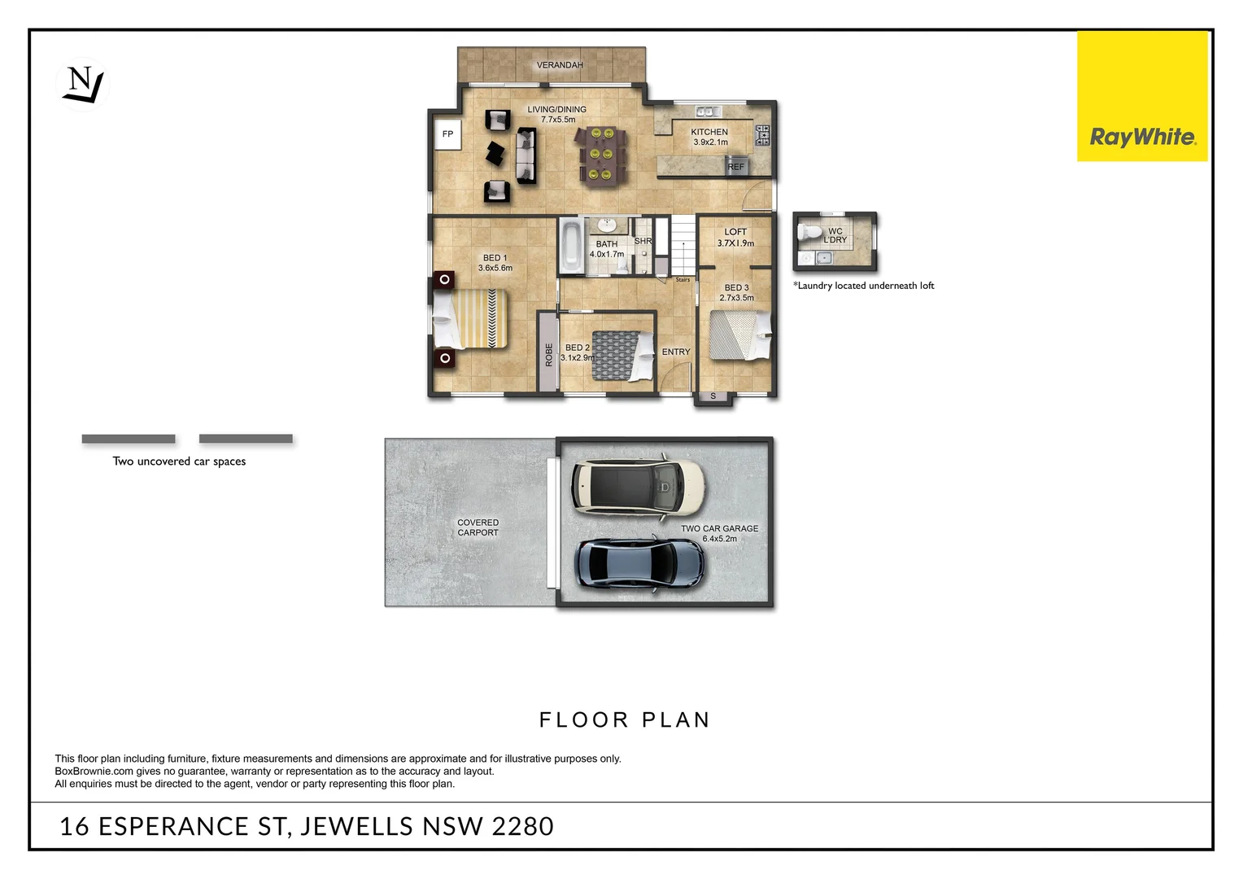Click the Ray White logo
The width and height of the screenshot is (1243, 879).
point(1141,137)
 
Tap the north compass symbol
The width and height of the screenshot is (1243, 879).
point(83,84)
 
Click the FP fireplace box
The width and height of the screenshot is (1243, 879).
point(447,134)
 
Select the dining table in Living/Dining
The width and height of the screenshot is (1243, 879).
point(603,153)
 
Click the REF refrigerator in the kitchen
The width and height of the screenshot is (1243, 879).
point(735,167)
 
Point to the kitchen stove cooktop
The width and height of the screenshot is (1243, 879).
point(762,135)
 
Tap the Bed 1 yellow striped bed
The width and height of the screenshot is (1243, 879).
point(470,319)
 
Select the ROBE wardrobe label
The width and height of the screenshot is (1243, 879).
point(548,354)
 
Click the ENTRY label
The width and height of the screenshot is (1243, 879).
point(675,352)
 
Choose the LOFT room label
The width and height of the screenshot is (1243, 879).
point(735,232)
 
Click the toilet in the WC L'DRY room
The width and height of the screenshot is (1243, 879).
point(809,233)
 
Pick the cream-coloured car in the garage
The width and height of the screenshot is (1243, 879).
point(638,487)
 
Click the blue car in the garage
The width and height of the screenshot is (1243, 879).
point(639,562)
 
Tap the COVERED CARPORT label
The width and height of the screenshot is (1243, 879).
point(478,527)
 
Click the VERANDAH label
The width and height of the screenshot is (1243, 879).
point(560,65)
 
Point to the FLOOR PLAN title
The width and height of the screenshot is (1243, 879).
point(624,720)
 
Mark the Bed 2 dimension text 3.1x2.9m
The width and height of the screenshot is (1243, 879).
point(578,358)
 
